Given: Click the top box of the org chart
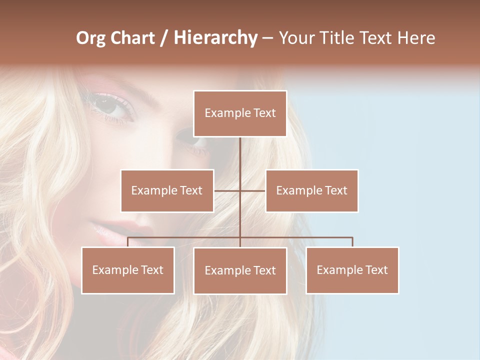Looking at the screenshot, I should [240, 113].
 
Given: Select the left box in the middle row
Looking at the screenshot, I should [167, 190].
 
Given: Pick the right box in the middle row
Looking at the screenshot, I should [312, 190].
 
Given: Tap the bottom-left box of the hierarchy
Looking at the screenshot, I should [128, 270].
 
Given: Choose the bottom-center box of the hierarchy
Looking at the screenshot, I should [240, 270].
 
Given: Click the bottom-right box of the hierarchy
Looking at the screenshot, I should [352, 270].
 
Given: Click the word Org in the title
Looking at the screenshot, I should [90, 38].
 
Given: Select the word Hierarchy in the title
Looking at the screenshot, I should [215, 38].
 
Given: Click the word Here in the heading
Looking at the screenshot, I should [416, 38].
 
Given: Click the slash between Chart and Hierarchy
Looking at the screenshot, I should [165, 38].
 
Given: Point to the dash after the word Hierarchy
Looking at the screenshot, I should [267, 38].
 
